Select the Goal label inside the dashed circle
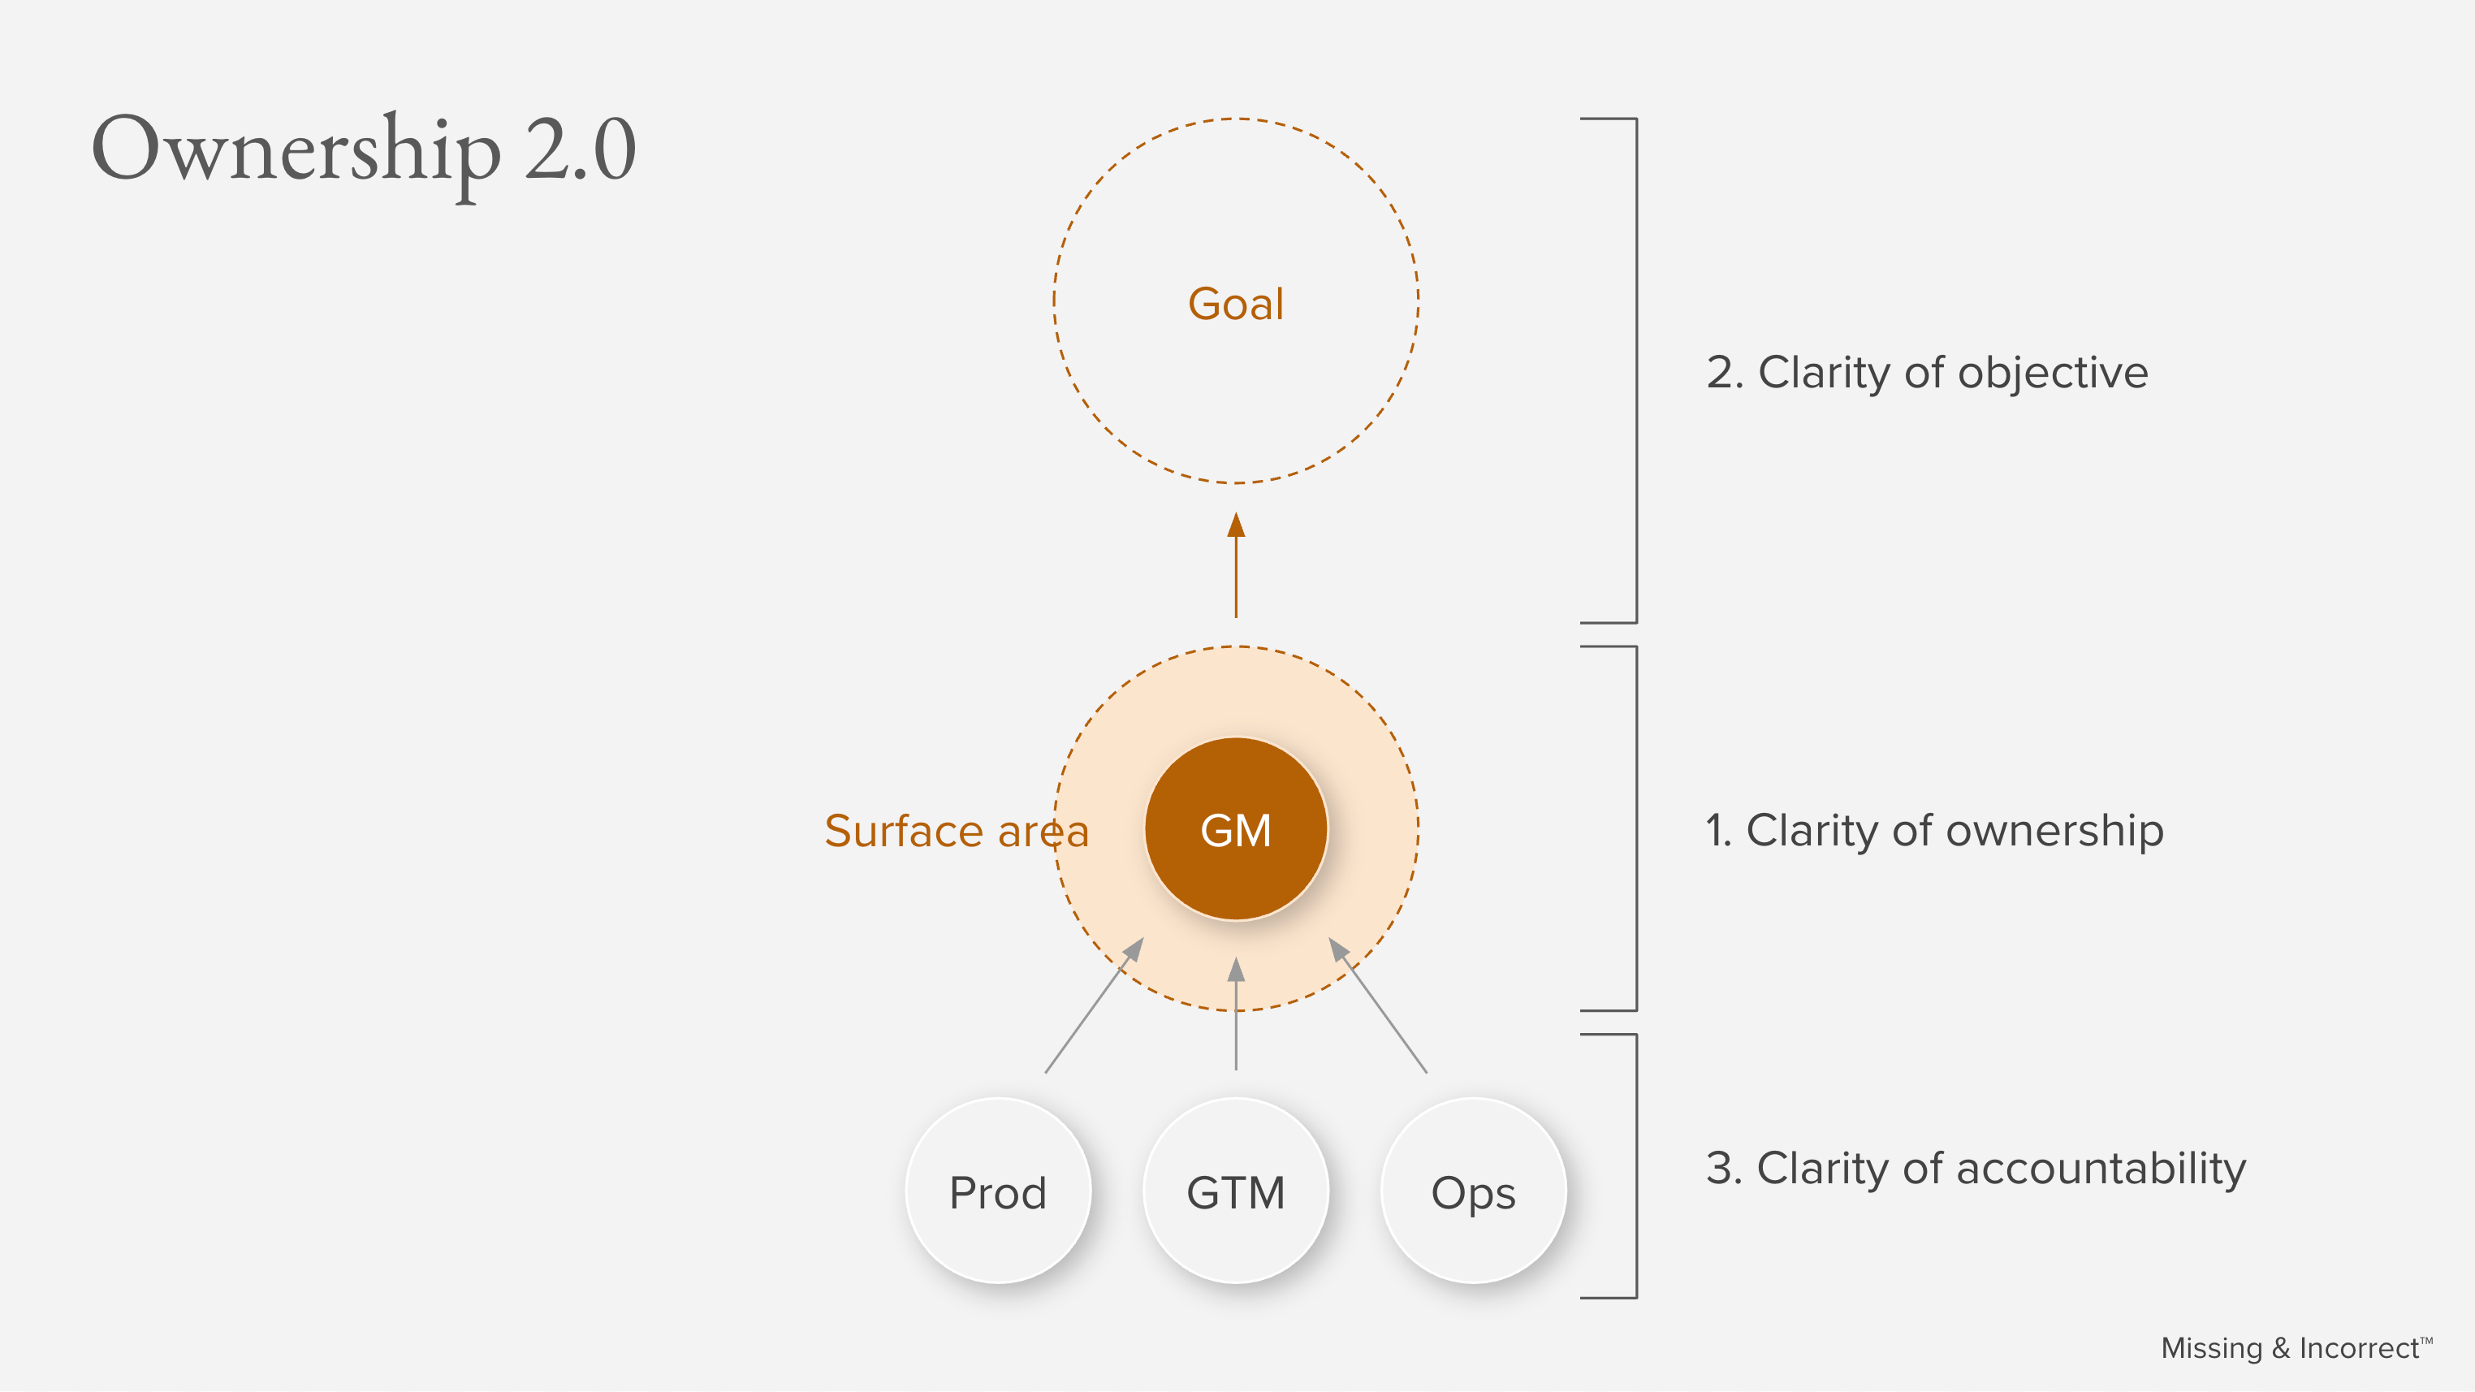click(x=1236, y=305)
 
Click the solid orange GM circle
click(x=1236, y=830)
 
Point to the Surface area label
click(x=956, y=832)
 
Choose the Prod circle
click(x=997, y=1192)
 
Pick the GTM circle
click(x=1236, y=1192)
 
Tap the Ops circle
click(x=1473, y=1192)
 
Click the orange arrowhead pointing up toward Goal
click(x=1236, y=525)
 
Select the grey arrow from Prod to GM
click(x=1094, y=1005)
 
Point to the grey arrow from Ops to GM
click(x=1379, y=1005)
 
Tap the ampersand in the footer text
click(x=2280, y=1349)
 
